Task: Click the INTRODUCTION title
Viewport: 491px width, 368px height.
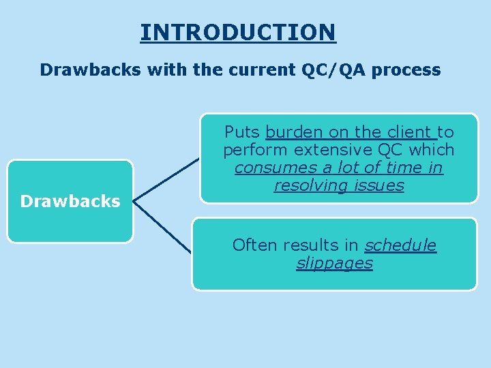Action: [238, 32]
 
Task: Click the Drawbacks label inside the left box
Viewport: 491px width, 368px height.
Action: [70, 201]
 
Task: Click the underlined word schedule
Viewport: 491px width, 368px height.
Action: [400, 245]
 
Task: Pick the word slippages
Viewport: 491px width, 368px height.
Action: [334, 264]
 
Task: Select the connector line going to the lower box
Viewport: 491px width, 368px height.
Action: [164, 228]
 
